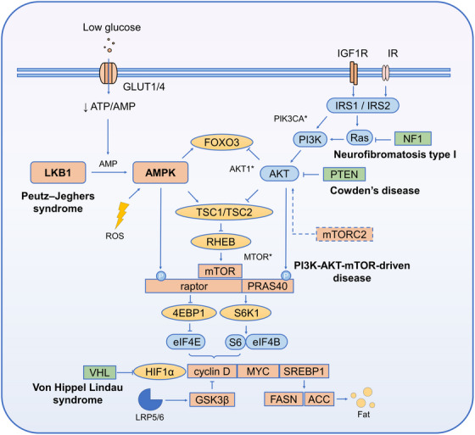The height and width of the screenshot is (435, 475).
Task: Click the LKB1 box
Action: pos(58,172)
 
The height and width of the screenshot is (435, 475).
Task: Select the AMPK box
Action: pos(160,172)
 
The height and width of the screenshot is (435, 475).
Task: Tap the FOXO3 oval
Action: pos(221,142)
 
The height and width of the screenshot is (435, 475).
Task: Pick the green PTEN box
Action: pos(344,174)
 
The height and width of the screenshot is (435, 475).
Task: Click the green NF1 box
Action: pos(412,139)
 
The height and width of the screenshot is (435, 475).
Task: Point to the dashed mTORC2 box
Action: pos(344,234)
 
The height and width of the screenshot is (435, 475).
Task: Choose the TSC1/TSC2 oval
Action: pos(224,212)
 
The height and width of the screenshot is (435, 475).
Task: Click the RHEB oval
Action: pos(221,242)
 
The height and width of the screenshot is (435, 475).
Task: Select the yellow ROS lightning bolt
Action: pos(122,215)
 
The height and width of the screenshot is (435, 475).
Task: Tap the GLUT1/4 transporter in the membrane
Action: pos(109,73)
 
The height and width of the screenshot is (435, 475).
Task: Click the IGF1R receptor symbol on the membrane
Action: pos(354,73)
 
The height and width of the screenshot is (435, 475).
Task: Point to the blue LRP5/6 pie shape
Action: pos(149,400)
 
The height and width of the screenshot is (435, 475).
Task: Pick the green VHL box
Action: pos(100,372)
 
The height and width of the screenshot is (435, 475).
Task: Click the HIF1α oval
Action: pos(159,371)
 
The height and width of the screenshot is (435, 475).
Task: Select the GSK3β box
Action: pos(212,399)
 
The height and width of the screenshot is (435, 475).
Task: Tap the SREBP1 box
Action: pos(304,371)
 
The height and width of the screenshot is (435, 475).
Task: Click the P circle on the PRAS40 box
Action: pos(286,276)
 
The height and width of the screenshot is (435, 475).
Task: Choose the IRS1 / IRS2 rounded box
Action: pos(363,105)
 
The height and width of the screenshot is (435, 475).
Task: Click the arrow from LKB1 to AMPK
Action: pos(109,172)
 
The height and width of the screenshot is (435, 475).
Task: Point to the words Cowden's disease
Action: pos(375,191)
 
